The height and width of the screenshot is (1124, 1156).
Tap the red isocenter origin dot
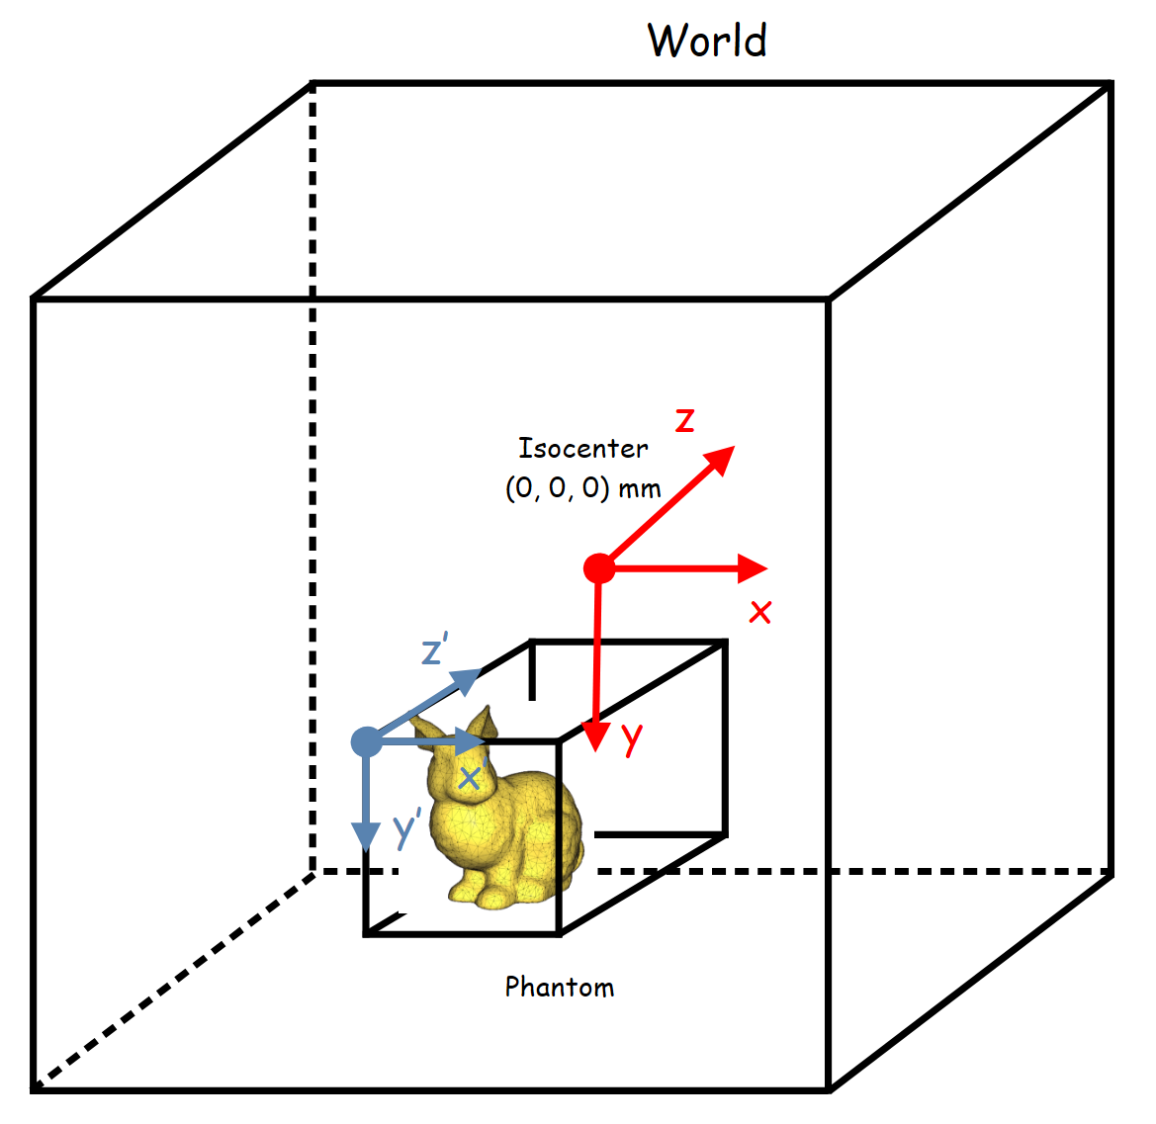click(599, 568)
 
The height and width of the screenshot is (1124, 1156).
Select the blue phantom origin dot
click(367, 741)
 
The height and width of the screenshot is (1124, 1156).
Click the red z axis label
click(685, 419)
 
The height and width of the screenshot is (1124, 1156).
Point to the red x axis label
click(760, 612)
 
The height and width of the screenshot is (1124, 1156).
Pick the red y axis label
click(632, 737)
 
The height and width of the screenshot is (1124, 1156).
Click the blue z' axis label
click(435, 648)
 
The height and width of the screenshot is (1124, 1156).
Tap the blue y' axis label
click(407, 827)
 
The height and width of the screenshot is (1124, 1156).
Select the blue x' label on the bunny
click(472, 776)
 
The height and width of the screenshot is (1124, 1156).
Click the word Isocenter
click(583, 448)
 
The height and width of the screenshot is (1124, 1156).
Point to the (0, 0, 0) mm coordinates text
click(582, 488)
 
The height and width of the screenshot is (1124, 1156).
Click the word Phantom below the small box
click(560, 987)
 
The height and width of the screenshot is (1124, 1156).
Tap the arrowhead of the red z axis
click(720, 459)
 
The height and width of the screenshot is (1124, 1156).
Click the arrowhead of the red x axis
click(753, 568)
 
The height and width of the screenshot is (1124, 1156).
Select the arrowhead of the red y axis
click(595, 735)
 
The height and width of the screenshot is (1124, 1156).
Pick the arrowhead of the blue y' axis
click(366, 837)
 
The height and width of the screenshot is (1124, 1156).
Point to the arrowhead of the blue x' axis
click(470, 741)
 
